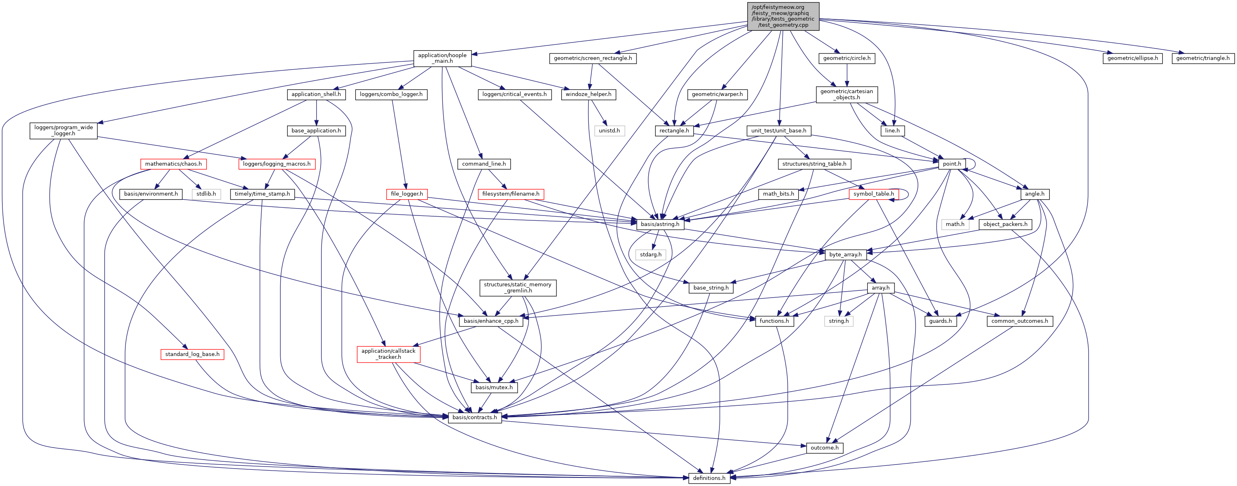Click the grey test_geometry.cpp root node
[783, 16]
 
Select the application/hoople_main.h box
[442, 58]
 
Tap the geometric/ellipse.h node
[1132, 58]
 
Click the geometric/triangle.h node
[1203, 58]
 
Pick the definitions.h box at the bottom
[709, 478]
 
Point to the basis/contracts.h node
[474, 417]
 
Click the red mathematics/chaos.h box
[173, 164]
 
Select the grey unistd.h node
[609, 131]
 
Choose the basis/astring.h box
[660, 224]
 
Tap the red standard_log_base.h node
[192, 354]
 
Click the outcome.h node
[824, 448]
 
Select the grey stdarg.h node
[650, 254]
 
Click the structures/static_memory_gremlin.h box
[517, 288]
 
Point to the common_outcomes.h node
[1019, 321]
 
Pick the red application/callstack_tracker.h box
[388, 354]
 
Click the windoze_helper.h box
[588, 94]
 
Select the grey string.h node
[838, 321]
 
